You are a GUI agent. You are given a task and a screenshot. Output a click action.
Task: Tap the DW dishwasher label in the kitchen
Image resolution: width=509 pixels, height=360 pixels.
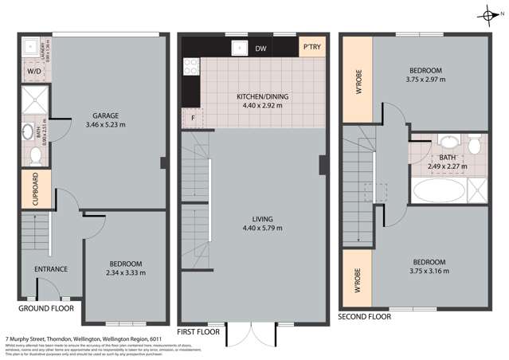260,49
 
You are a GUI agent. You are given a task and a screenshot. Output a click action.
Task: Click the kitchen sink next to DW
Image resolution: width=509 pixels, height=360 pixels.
238,48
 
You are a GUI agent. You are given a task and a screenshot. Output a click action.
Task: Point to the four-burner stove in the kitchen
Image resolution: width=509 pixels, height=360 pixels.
190,70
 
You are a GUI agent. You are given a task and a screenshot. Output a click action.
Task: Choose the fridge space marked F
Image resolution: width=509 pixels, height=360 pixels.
192,118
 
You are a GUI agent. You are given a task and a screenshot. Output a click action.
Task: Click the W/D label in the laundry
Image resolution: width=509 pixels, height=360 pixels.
34,71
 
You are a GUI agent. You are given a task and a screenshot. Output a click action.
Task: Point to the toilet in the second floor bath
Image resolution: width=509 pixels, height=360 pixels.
475,146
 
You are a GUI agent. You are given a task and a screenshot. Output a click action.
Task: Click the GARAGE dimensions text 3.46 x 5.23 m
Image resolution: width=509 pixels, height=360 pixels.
104,124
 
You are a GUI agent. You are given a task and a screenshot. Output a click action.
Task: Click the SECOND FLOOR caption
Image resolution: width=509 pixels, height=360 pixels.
365,316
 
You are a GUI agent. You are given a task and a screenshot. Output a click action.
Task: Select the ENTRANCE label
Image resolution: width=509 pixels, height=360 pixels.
50,268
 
